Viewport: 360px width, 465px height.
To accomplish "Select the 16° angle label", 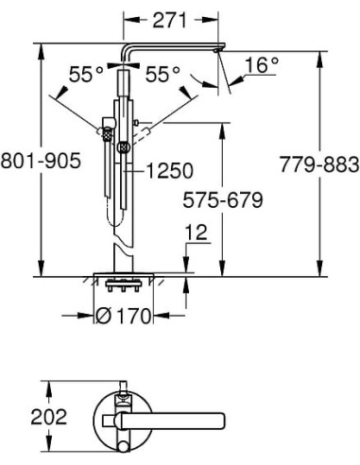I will coord(262,65).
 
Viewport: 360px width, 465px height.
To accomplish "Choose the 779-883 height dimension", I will coord(319,164).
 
